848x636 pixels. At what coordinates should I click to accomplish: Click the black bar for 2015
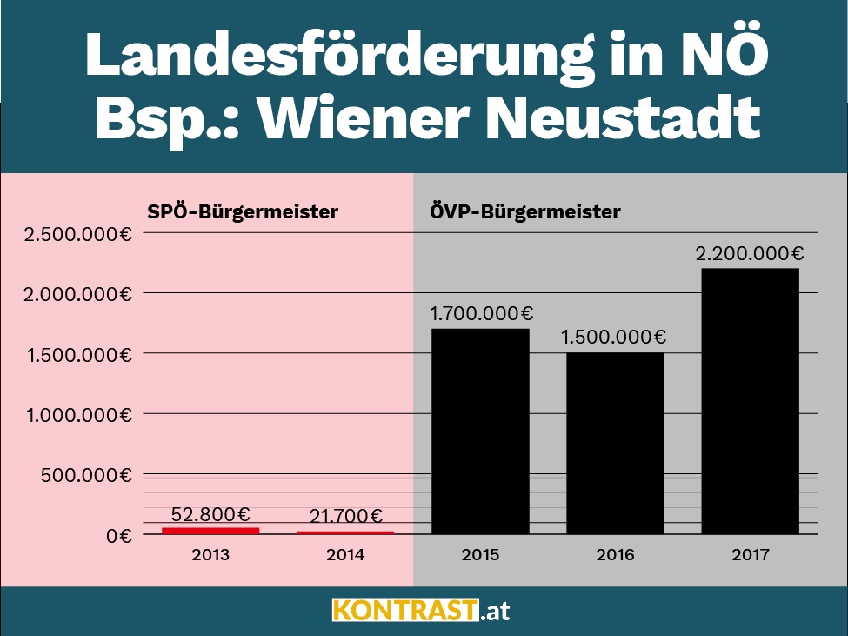(480, 431)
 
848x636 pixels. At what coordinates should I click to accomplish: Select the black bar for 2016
(615, 443)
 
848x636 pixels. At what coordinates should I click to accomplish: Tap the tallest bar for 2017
(750, 400)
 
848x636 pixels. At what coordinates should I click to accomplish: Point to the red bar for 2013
(210, 530)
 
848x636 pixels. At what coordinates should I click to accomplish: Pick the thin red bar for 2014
(345, 532)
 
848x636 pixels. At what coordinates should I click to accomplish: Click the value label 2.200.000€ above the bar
(749, 254)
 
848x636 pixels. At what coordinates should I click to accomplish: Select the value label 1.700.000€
(480, 314)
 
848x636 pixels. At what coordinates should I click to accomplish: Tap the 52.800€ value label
(210, 514)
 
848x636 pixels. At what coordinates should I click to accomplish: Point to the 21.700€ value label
(345, 518)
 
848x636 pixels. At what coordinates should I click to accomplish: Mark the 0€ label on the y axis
(119, 535)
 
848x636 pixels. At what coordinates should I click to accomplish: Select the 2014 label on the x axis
(345, 554)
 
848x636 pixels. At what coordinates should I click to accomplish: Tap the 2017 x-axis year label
(750, 554)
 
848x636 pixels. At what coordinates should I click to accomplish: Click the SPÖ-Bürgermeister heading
(241, 211)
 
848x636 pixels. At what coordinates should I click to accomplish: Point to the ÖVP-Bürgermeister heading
(524, 211)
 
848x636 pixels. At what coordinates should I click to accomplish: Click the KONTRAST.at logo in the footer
(421, 610)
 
